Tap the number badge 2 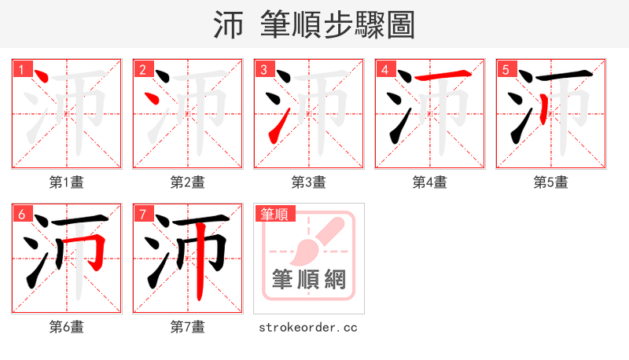(142, 70)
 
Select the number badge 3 (263, 70)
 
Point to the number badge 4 (384, 70)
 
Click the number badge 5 (506, 70)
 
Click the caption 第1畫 (67, 182)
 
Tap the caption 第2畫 (188, 182)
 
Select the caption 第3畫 (309, 182)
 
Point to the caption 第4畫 (430, 182)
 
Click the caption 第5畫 (551, 182)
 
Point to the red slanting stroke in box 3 (276, 128)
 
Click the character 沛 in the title (227, 25)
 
